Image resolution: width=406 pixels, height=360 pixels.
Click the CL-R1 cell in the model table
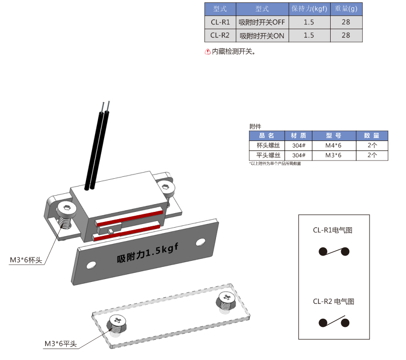point(220,22)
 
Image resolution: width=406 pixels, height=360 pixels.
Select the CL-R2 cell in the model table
point(220,35)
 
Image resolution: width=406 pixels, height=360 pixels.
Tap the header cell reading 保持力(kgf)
point(310,9)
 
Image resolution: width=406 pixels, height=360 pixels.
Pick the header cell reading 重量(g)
point(346,9)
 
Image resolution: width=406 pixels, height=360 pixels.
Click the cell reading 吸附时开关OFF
point(262,22)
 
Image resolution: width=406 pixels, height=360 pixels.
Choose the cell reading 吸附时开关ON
point(262,35)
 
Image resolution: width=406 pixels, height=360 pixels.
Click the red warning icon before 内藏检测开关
point(208,52)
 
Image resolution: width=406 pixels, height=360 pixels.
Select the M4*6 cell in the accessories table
point(334,146)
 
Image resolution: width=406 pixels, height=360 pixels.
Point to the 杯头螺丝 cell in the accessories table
point(267,146)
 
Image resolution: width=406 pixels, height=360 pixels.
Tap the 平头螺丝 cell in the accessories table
point(267,155)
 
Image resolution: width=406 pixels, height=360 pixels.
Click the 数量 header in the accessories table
point(372,136)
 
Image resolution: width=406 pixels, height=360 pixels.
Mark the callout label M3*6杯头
point(26,260)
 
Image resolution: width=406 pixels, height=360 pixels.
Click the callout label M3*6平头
point(60,344)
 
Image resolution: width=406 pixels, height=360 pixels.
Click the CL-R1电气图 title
point(333,230)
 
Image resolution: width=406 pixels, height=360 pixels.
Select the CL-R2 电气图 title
point(334,302)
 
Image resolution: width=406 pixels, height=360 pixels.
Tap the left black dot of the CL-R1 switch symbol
point(323,252)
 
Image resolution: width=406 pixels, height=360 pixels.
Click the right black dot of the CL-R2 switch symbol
point(345,323)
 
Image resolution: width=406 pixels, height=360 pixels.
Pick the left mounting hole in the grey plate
point(91,265)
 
